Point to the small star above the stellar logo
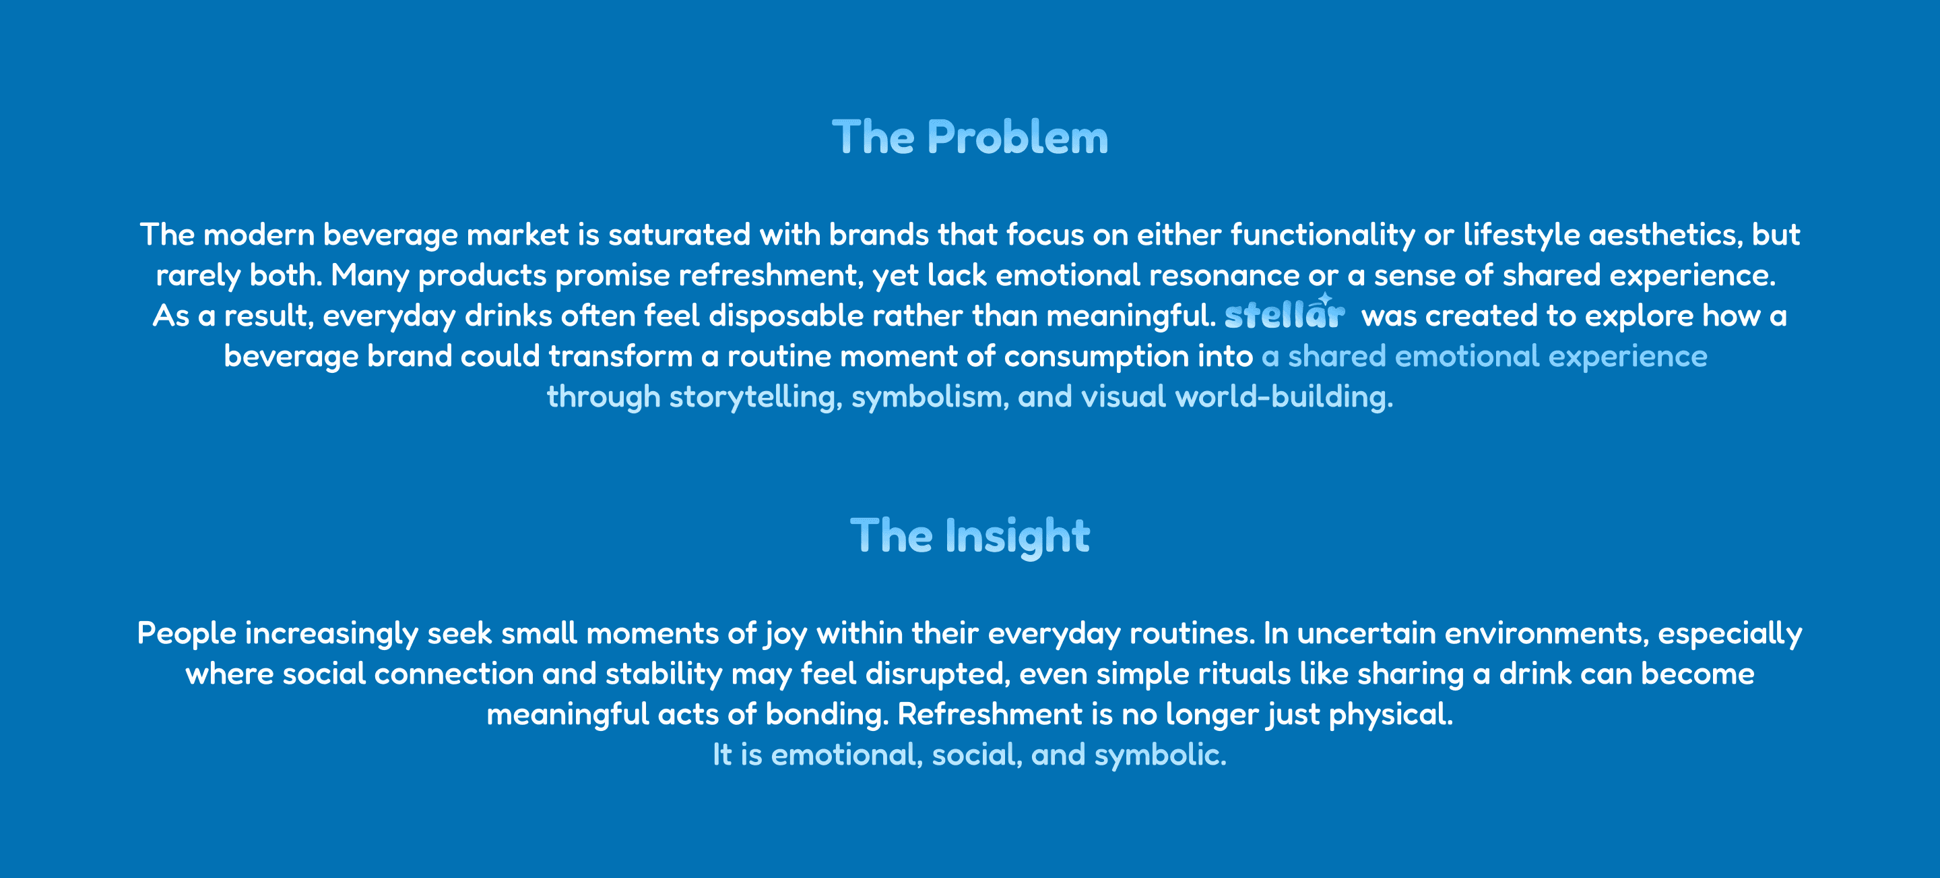(x=1325, y=299)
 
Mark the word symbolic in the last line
(x=1160, y=755)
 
